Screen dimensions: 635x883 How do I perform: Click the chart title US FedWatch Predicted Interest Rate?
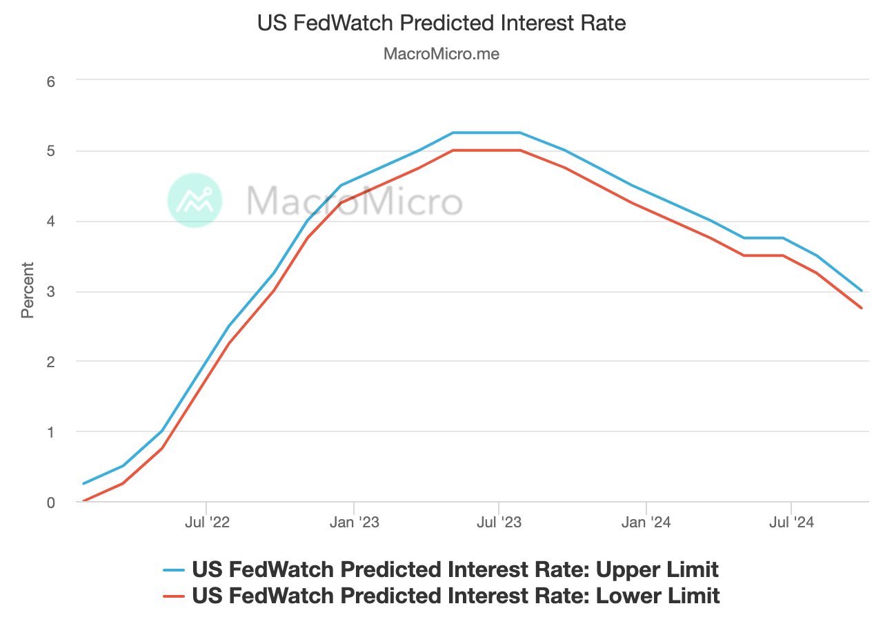pos(441,23)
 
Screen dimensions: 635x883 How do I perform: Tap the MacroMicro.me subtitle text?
pos(441,54)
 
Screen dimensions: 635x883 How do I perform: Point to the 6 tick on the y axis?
pos(50,81)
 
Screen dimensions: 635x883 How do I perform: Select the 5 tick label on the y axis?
pos(50,151)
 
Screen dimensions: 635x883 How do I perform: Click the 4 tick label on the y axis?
pos(50,222)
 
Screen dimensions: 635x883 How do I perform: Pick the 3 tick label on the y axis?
pos(50,292)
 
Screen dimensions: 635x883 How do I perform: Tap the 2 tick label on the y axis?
pos(50,362)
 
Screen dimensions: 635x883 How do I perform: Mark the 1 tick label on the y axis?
pos(50,432)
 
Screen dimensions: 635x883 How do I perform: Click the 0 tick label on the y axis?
pos(50,502)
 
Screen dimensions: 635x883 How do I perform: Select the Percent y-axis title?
pos(28,290)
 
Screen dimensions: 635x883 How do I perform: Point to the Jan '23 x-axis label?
pos(353,523)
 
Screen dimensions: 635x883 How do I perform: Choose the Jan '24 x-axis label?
pos(646,523)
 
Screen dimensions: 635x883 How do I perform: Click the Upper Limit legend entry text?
pos(455,569)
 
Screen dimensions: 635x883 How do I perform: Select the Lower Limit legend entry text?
pos(455,596)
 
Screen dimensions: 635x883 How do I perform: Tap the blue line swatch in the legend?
pos(174,570)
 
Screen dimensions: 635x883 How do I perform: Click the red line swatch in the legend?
pos(174,596)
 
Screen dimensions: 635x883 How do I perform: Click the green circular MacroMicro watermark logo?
pos(195,200)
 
